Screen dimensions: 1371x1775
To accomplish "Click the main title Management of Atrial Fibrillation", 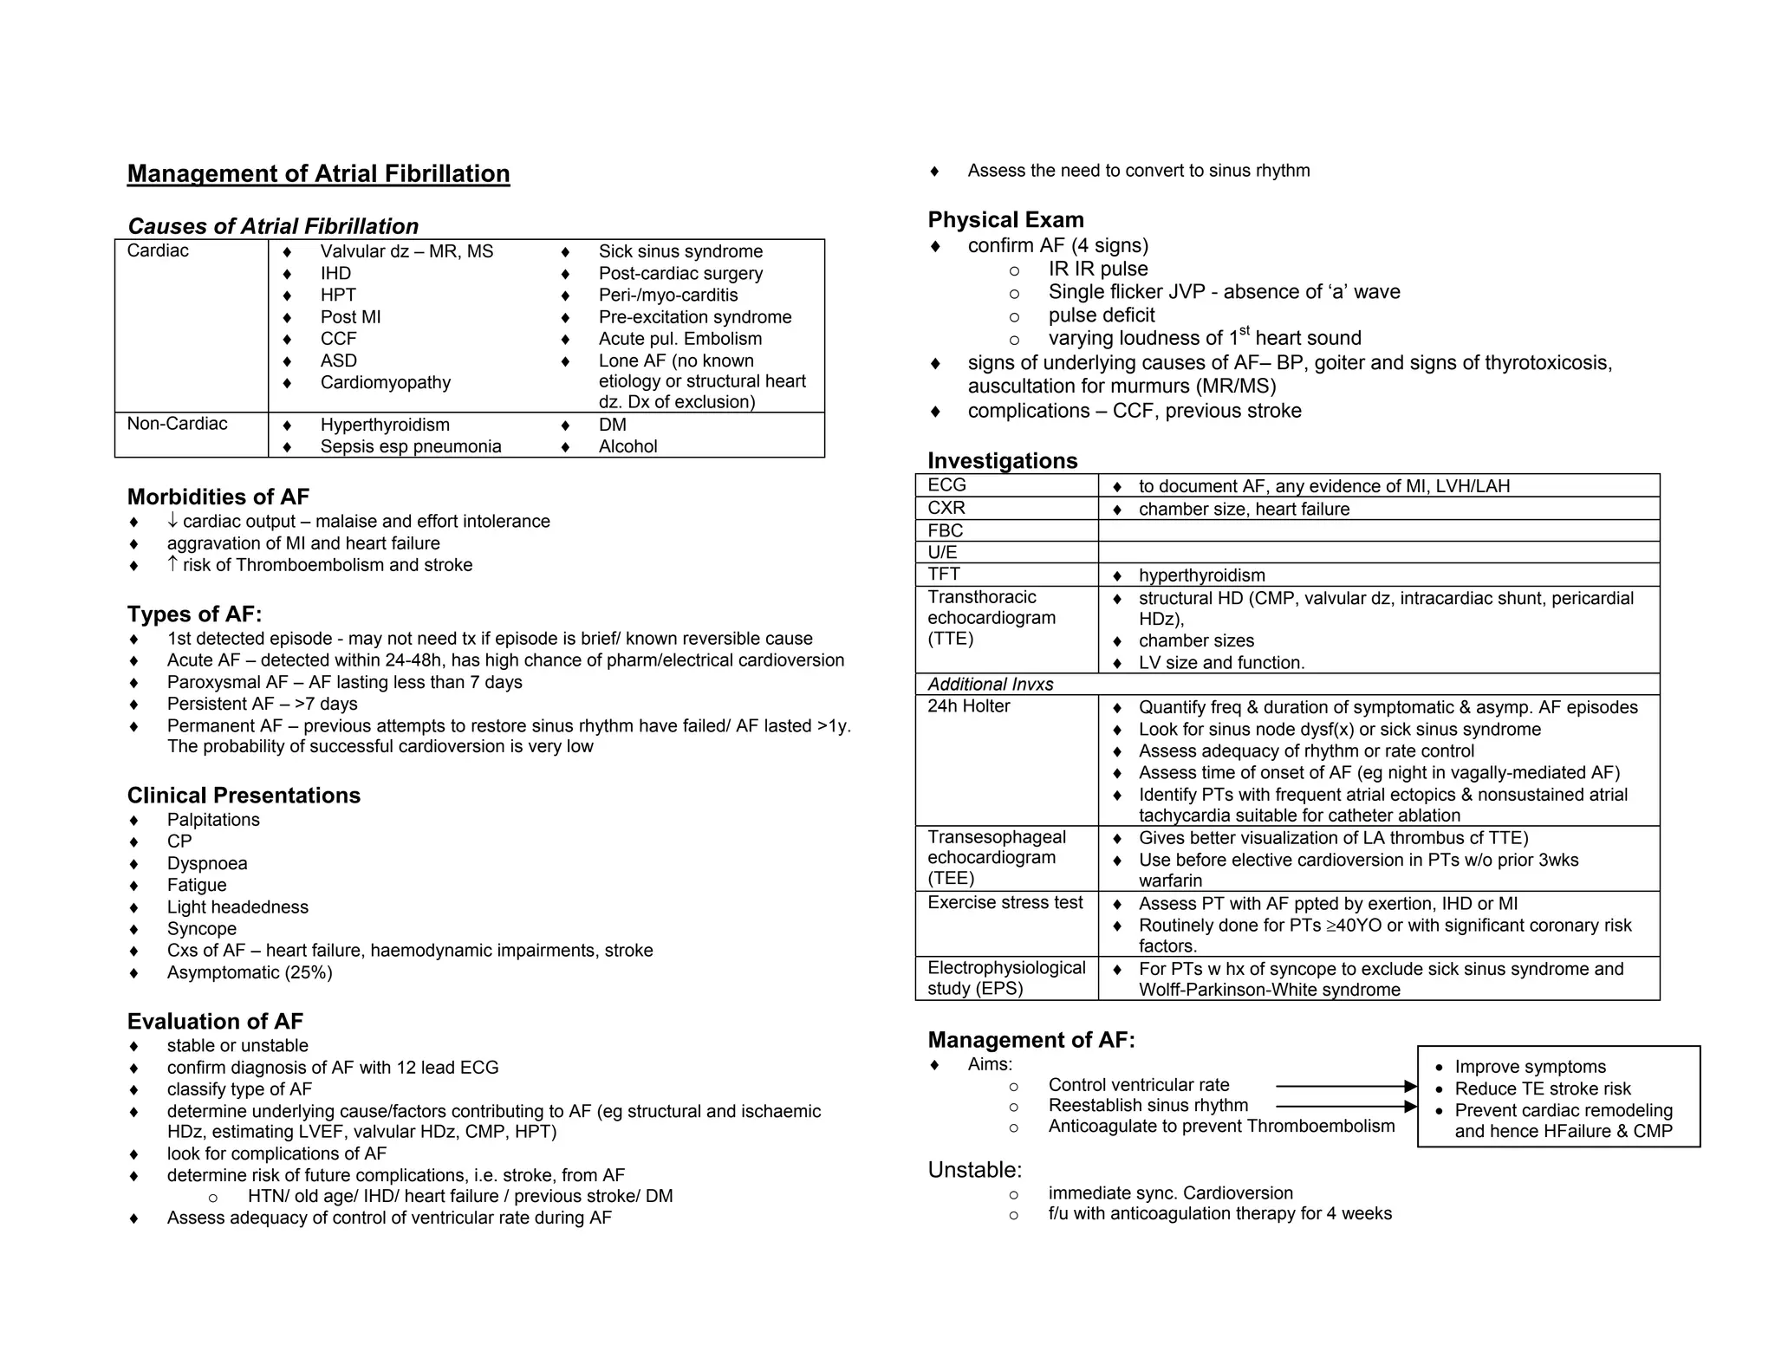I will pyautogui.click(x=318, y=174).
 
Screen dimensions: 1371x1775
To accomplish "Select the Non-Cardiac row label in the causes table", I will pyautogui.click(x=177, y=424).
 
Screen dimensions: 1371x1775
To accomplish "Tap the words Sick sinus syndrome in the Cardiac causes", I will pyautogui.click(x=680, y=251).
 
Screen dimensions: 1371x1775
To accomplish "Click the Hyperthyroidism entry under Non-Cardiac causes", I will pyautogui.click(x=385, y=425).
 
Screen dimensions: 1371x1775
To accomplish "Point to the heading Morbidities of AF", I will pyautogui.click(x=218, y=497).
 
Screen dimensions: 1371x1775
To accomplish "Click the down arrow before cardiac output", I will pyautogui.click(x=172, y=520).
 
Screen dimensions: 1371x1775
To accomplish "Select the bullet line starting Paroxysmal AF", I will pyautogui.click(x=344, y=682).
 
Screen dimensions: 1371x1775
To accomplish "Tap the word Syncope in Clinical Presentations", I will pyautogui.click(x=201, y=929).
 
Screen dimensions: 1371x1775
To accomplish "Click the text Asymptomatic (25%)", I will pyautogui.click(x=250, y=972).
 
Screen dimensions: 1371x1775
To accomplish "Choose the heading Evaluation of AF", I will pyautogui.click(x=215, y=1022).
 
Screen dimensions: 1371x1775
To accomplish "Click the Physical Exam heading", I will pyautogui.click(x=1005, y=220).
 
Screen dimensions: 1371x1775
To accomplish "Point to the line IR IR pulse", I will pyautogui.click(x=1097, y=270).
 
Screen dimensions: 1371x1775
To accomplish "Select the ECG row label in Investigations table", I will pyautogui.click(x=946, y=485).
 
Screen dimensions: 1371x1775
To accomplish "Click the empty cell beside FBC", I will pyautogui.click(x=1378, y=530).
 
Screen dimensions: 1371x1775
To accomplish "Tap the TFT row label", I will pyautogui.click(x=943, y=574).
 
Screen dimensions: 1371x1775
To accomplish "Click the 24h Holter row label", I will pyautogui.click(x=968, y=706).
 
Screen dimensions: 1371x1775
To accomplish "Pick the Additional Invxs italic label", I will pyautogui.click(x=990, y=685).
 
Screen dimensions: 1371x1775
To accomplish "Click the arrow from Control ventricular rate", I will pyautogui.click(x=1345, y=1086).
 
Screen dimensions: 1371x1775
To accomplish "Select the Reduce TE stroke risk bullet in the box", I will pyautogui.click(x=1542, y=1089).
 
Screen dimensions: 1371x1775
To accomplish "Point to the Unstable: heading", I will pyautogui.click(x=974, y=1170).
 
